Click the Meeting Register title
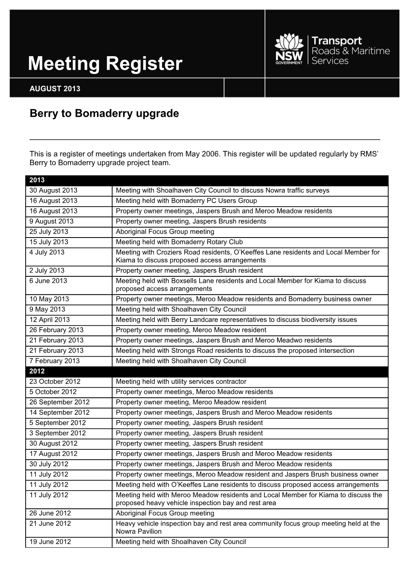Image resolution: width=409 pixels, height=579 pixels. point(105,64)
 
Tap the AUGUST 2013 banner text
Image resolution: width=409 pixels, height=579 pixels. point(55,89)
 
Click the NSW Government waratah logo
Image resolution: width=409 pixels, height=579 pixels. point(289,50)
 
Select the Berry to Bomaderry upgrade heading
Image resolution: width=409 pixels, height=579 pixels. point(104,114)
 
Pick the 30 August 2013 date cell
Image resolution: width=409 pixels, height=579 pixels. point(53,191)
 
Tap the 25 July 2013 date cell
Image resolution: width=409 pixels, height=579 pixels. point(49,232)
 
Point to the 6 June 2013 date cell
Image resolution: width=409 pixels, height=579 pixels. point(48,281)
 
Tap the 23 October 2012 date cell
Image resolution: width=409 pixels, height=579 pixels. point(55,382)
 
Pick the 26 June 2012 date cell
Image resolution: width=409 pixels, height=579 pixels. point(50,513)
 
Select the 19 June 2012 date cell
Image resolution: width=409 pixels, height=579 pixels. point(50,542)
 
